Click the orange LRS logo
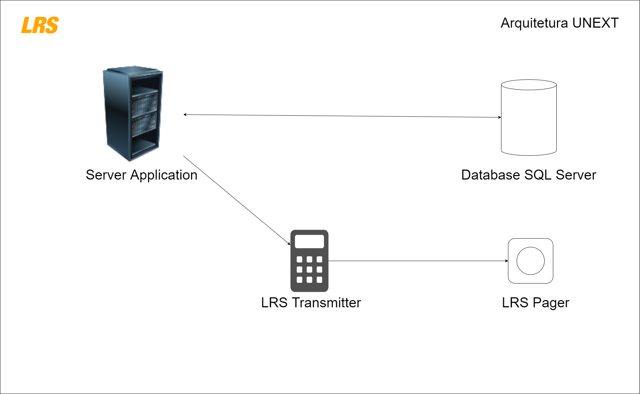(40, 25)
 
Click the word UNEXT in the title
(595, 23)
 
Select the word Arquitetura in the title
(534, 23)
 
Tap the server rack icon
(133, 113)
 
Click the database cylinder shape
(529, 117)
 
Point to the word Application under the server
(164, 175)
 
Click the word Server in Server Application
(106, 175)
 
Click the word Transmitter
(327, 303)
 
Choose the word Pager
(551, 303)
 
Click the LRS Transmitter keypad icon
(309, 261)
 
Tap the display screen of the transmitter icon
(309, 241)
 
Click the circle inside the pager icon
(530, 261)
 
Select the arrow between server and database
(342, 116)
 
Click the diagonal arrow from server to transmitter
(237, 200)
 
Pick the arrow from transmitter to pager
(418, 261)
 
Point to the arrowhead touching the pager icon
(507, 261)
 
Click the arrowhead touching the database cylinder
(500, 117)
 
